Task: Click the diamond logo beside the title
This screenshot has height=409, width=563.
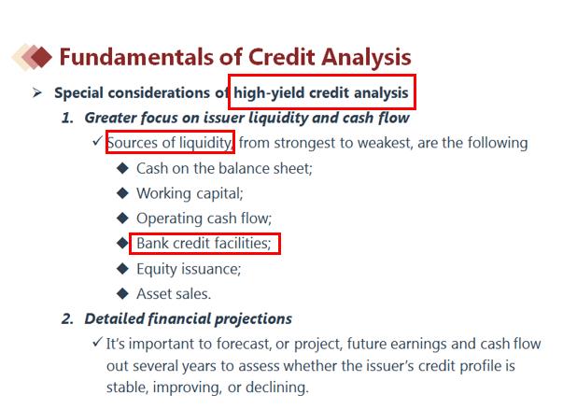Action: tap(32, 57)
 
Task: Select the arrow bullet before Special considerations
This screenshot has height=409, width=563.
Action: tap(37, 92)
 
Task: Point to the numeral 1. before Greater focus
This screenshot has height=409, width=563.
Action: tap(67, 118)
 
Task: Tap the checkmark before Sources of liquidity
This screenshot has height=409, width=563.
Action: tap(97, 140)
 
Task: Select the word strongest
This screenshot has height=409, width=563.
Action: tap(305, 143)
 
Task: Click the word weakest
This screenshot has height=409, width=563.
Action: tap(384, 143)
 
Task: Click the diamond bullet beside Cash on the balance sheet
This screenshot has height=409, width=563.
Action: tap(123, 168)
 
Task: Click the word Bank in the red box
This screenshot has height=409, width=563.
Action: tap(152, 243)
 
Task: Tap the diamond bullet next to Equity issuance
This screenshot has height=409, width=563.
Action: tap(123, 268)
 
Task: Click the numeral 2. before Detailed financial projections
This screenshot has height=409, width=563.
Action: tap(68, 318)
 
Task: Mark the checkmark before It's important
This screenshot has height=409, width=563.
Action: tap(97, 342)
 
